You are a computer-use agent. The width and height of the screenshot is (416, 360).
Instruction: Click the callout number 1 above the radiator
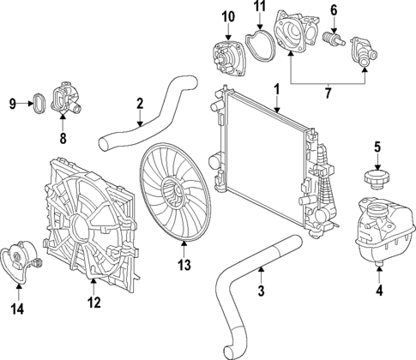(276, 88)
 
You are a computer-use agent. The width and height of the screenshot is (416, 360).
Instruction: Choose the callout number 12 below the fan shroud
(95, 303)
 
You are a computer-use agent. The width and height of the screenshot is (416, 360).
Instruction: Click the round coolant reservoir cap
(376, 179)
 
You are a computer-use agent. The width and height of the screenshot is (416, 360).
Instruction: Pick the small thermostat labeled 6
(335, 40)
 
